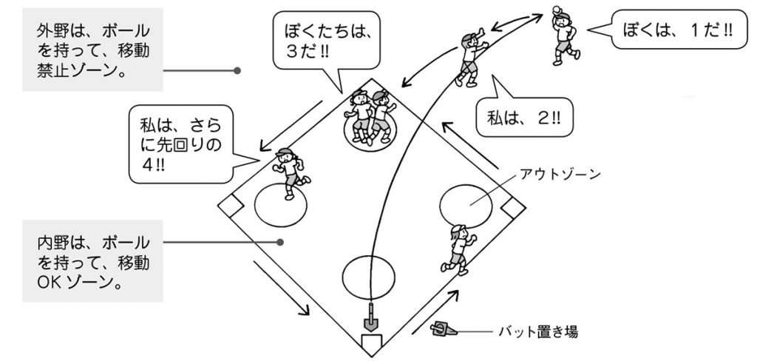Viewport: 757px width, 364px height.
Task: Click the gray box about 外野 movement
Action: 92,47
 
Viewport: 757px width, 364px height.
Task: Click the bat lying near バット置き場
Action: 444,328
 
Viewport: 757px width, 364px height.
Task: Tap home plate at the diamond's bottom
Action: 370,341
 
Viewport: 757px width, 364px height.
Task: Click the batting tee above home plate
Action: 370,318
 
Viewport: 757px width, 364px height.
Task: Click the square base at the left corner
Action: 231,204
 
